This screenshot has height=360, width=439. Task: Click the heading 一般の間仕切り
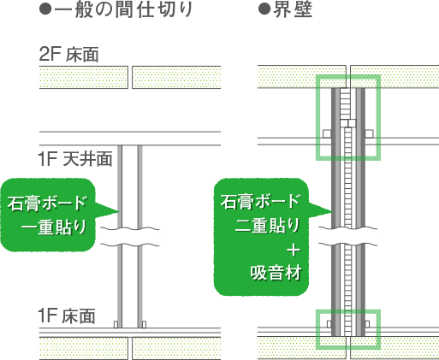[x=124, y=10]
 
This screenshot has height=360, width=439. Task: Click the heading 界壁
[x=293, y=10]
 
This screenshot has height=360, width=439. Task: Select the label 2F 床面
[x=68, y=54]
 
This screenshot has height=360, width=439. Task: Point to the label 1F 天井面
[x=75, y=159]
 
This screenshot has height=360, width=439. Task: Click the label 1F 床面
[x=67, y=316]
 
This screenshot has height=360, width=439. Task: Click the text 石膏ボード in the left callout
[x=47, y=203]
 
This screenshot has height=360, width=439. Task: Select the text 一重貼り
[x=54, y=227]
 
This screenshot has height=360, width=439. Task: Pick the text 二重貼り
[x=268, y=225]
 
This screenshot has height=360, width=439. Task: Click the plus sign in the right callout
[x=294, y=251]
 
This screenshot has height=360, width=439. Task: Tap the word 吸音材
[x=276, y=273]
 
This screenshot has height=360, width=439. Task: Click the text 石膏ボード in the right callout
[x=260, y=201]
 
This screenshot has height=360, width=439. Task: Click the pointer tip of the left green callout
[x=119, y=211]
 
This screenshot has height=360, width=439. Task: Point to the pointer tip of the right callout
[x=332, y=212]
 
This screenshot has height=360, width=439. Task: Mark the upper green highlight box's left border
[x=318, y=117]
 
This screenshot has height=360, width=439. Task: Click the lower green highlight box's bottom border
[x=348, y=347]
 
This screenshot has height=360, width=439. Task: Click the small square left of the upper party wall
[x=327, y=133]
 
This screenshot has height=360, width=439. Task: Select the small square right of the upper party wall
[x=369, y=133]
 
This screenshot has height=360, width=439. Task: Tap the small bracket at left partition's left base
[x=116, y=324]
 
